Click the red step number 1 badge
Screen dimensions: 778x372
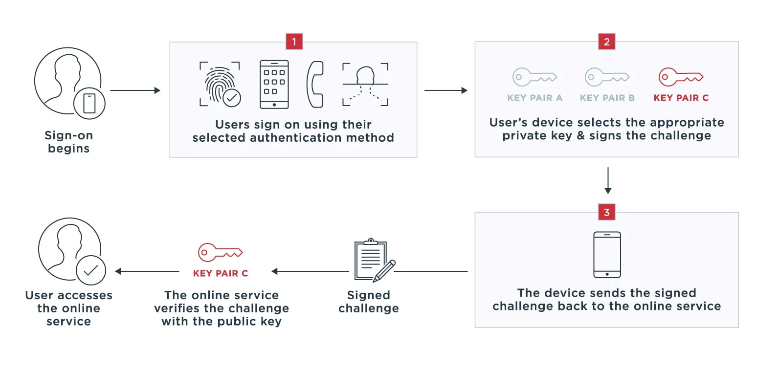(x=294, y=42)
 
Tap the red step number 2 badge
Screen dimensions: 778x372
(x=607, y=42)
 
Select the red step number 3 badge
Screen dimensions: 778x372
(x=607, y=212)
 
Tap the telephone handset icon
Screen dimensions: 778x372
(x=315, y=85)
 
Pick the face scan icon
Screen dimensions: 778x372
(x=365, y=85)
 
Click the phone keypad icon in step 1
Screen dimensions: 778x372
(x=274, y=85)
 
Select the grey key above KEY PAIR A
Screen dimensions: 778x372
(x=534, y=77)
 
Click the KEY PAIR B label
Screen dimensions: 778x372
(x=607, y=98)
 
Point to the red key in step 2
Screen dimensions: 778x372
(x=681, y=77)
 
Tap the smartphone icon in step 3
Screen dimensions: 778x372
(x=607, y=255)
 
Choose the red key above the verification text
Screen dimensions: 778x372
(x=220, y=252)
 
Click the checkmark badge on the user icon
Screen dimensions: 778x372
(x=91, y=270)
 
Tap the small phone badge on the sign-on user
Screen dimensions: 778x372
(x=89, y=104)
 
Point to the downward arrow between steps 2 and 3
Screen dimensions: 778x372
(x=608, y=180)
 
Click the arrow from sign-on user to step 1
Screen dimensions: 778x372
(x=135, y=90)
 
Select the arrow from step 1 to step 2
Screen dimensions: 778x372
(x=446, y=90)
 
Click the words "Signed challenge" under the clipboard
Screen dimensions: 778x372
(x=369, y=302)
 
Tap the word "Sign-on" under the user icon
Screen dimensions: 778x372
(x=69, y=135)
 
